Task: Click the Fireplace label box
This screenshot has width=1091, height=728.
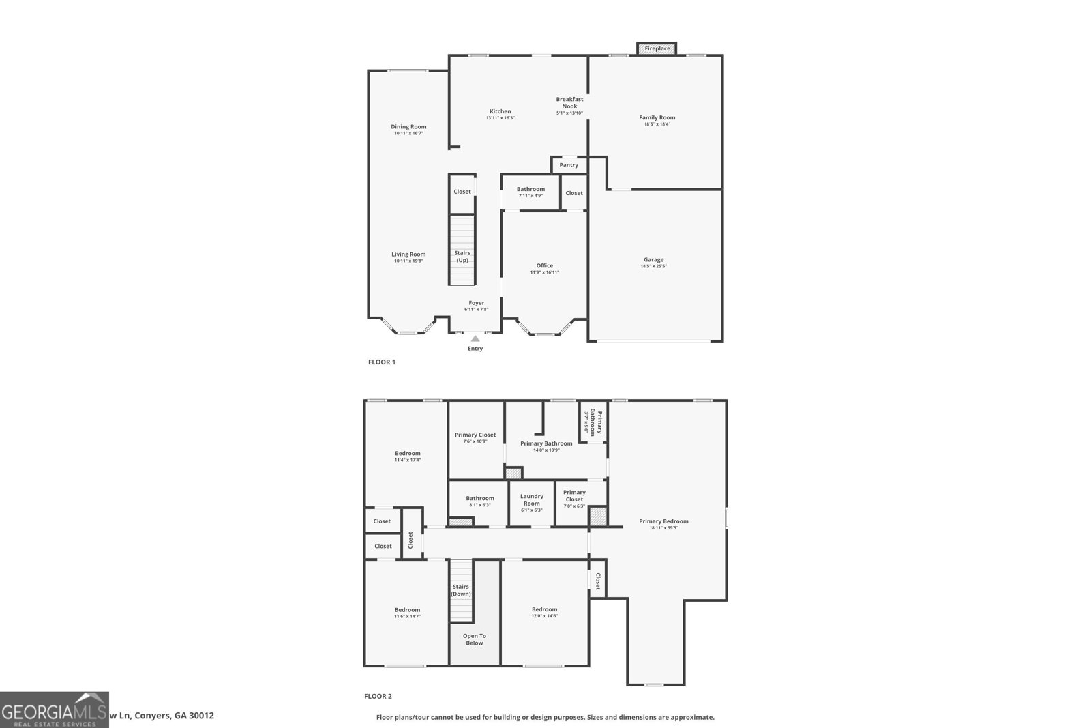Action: [657, 48]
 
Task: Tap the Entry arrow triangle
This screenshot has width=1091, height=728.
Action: [475, 338]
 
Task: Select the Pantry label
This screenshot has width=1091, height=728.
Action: [569, 165]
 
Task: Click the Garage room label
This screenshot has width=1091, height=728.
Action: [653, 259]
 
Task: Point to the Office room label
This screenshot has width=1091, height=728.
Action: [544, 265]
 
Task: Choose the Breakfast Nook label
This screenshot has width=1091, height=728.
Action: [569, 102]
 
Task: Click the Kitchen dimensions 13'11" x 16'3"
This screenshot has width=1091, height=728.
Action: [500, 118]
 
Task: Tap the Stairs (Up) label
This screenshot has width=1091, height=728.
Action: [462, 257]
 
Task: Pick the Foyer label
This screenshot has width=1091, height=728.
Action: [476, 303]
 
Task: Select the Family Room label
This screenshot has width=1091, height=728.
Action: [657, 117]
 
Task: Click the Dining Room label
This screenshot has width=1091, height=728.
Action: [408, 126]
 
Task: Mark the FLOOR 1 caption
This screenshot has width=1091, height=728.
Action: [382, 362]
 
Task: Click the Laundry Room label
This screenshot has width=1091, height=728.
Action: [532, 500]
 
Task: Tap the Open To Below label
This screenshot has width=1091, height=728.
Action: [475, 639]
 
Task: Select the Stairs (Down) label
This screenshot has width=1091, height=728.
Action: [461, 590]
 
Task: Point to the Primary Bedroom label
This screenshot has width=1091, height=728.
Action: [663, 521]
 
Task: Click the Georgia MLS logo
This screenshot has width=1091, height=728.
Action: [55, 710]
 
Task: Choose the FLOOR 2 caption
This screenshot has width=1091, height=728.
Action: [378, 697]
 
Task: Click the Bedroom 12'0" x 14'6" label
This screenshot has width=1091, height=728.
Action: [544, 609]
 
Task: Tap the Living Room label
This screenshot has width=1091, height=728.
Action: [408, 254]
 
